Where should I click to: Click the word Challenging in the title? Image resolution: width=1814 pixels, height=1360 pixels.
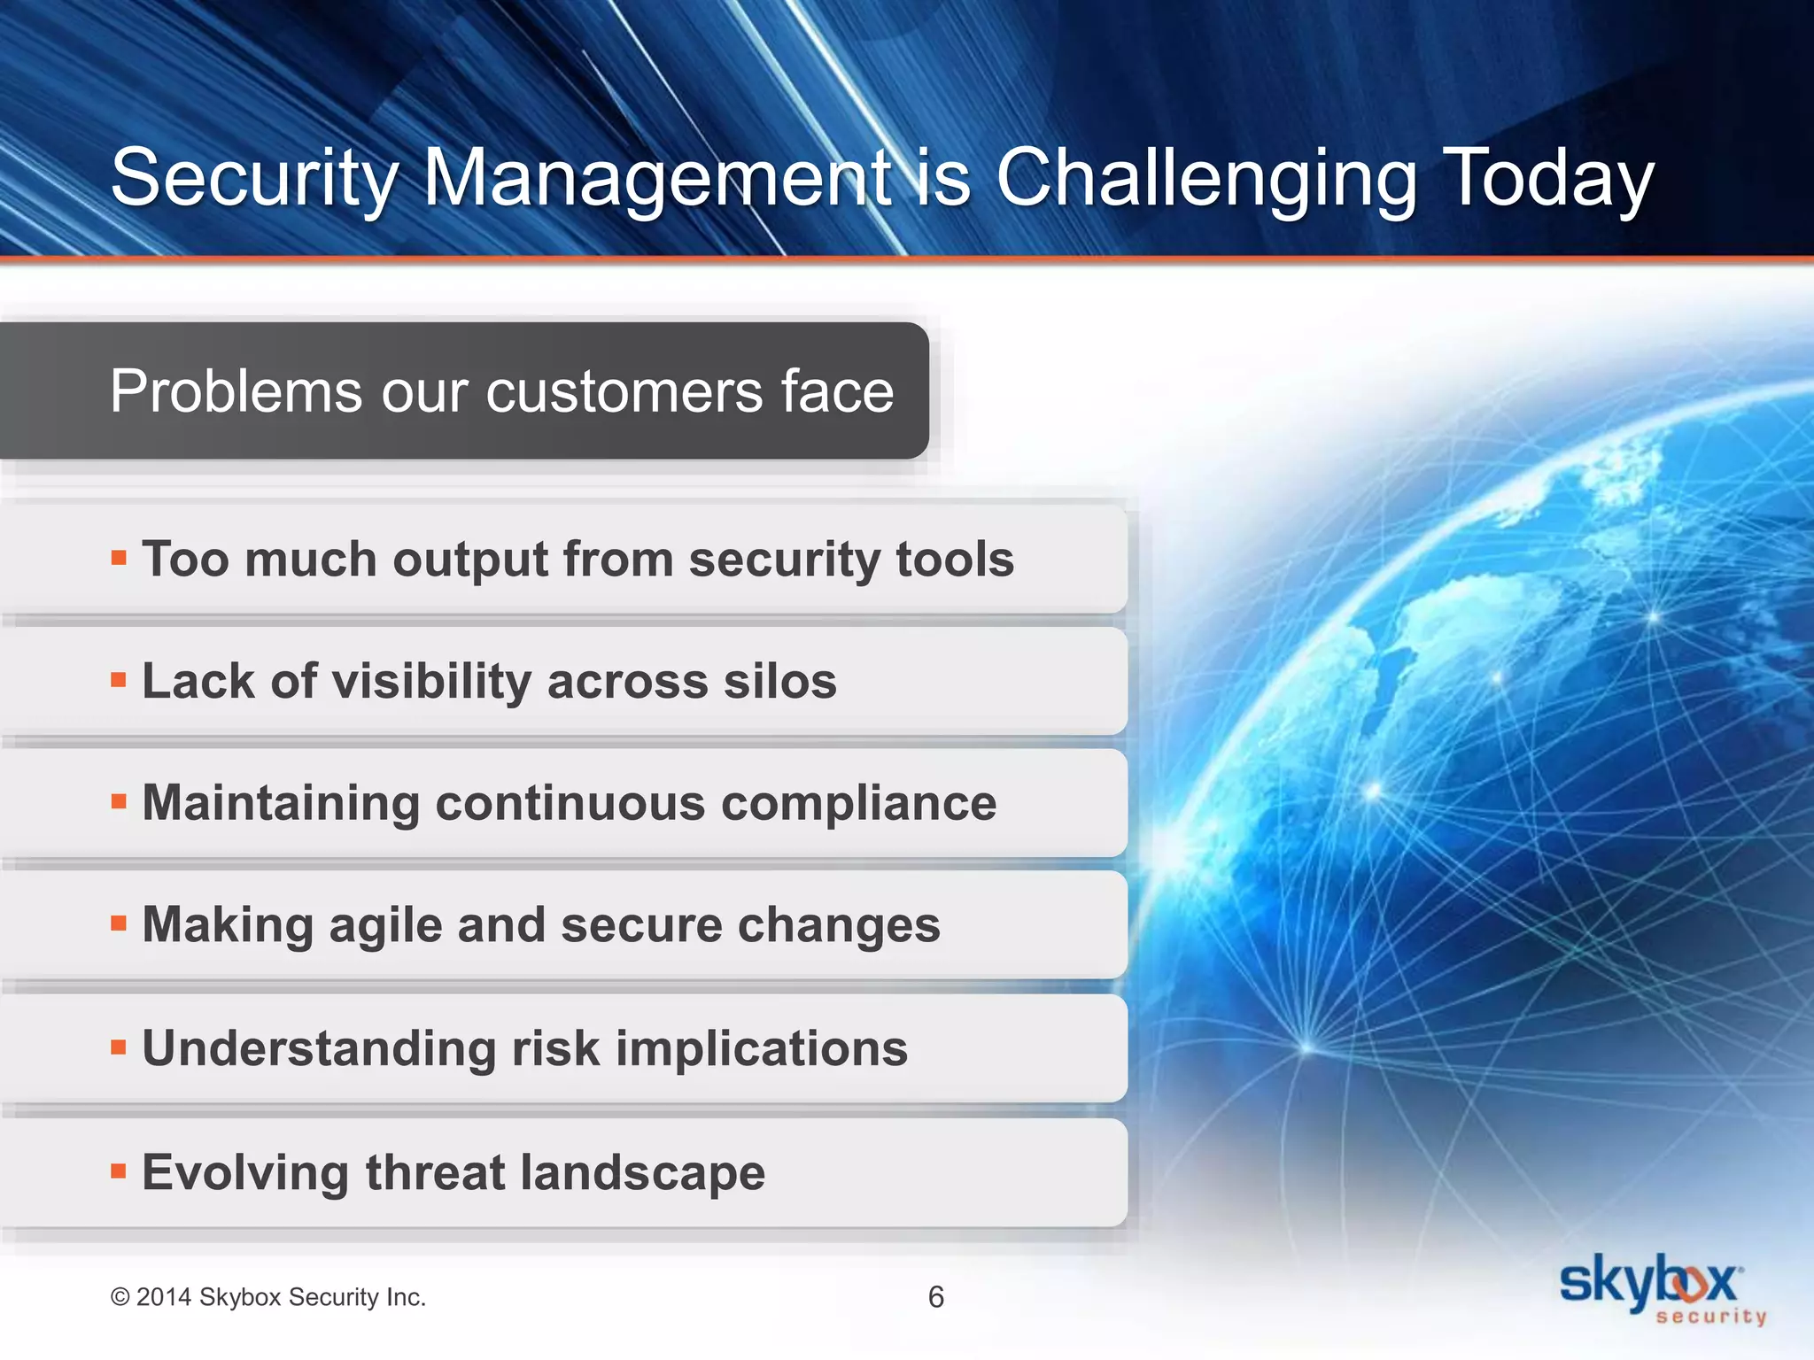pos(1206,180)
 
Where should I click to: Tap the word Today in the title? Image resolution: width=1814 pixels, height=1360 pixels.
pos(1548,180)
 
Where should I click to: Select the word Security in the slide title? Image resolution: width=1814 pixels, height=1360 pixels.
pos(255,180)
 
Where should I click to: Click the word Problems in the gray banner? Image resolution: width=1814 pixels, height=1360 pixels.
pos(236,391)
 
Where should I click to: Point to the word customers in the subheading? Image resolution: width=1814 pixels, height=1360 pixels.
pos(624,391)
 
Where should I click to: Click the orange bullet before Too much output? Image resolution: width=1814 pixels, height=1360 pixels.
pos(119,558)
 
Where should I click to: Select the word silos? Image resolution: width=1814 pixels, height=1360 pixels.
pos(779,682)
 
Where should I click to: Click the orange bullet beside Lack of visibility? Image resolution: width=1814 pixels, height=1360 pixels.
pos(119,680)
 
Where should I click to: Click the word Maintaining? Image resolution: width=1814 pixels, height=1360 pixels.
pos(281,804)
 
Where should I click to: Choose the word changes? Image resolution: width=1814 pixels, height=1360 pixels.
pos(838,926)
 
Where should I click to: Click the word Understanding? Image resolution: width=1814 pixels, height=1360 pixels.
pos(319,1049)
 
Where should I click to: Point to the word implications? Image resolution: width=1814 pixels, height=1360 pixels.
pos(761,1049)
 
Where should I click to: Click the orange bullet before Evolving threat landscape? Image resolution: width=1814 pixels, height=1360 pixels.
pos(119,1171)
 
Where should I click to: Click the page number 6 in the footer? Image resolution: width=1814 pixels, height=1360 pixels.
pos(935,1297)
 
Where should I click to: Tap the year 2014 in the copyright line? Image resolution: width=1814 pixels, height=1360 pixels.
pos(164,1297)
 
